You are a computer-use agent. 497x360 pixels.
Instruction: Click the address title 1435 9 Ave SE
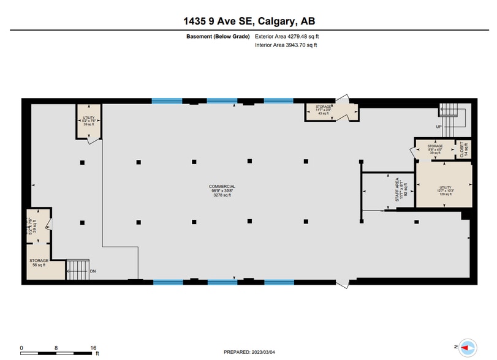(x=248, y=21)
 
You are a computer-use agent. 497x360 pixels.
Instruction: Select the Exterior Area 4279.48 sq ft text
(x=287, y=37)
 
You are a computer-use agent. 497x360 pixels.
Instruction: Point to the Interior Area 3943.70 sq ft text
(x=286, y=45)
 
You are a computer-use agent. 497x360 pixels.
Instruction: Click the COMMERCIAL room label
(x=222, y=190)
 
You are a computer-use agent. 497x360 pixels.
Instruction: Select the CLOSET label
(x=464, y=150)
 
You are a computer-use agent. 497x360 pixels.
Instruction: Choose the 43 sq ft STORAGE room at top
(x=324, y=110)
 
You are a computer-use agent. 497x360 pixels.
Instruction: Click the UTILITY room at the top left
(x=89, y=120)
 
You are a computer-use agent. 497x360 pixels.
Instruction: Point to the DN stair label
(x=93, y=271)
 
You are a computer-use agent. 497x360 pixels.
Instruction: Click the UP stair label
(x=439, y=127)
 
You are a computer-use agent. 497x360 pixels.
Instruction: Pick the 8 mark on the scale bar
(x=56, y=347)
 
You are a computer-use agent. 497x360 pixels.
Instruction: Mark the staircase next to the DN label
(x=77, y=269)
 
